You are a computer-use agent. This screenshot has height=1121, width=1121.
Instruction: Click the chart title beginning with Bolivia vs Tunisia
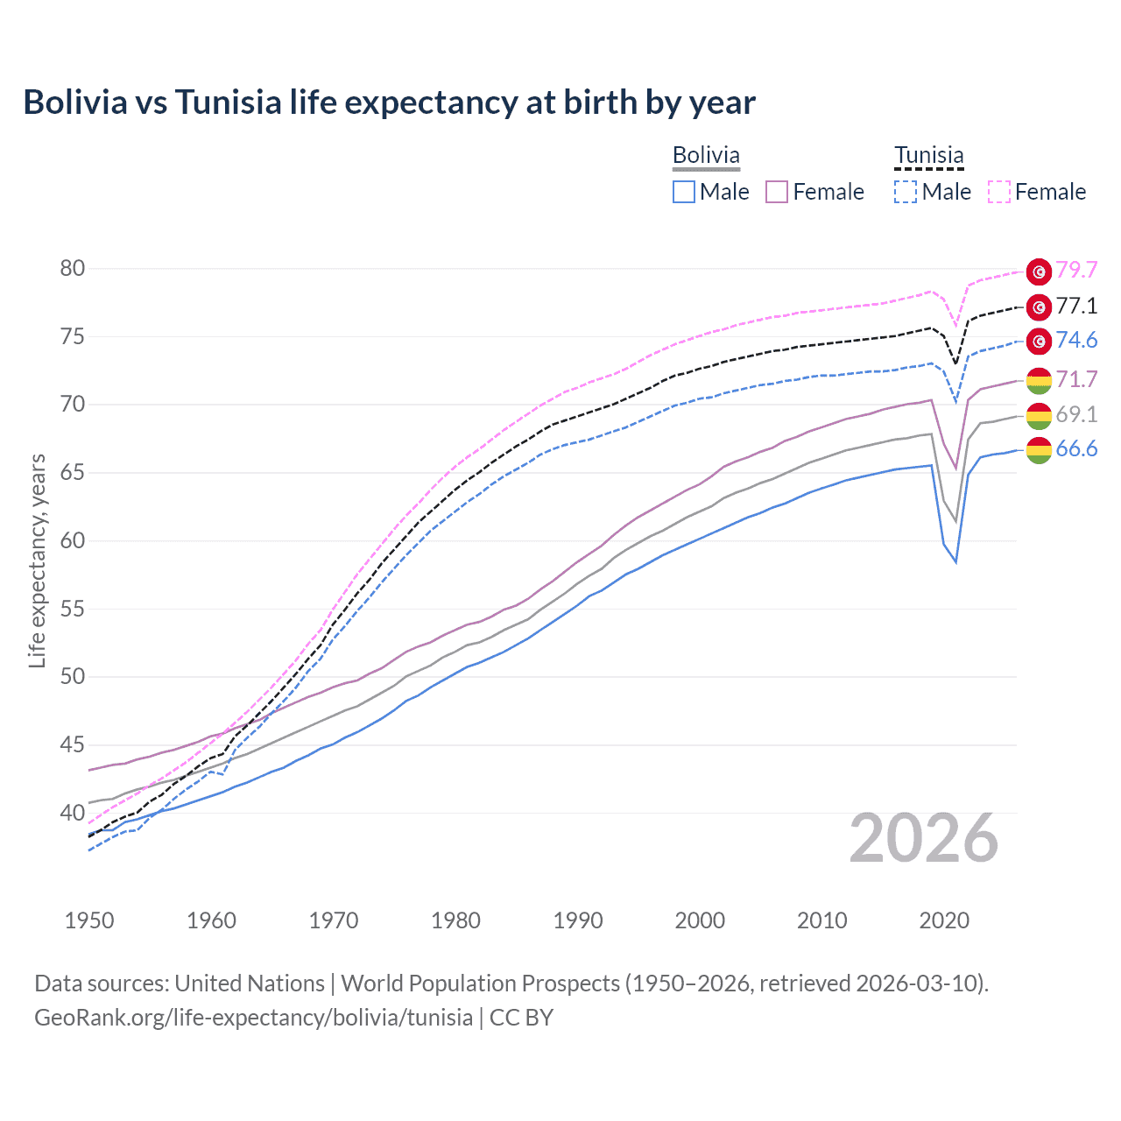pos(389,102)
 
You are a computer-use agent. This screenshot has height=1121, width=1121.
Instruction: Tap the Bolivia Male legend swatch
pos(684,192)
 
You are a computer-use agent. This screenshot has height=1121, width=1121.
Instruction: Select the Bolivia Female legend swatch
pos(777,192)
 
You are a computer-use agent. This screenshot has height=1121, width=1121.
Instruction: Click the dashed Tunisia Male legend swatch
pos(906,192)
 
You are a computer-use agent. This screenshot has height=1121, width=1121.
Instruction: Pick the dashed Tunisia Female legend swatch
pos(999,192)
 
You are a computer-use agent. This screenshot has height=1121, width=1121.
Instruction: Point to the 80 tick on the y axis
pos(73,268)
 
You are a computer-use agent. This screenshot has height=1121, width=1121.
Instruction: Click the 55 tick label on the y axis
pos(73,609)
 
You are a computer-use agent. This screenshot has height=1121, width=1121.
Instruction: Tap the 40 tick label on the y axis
pos(73,813)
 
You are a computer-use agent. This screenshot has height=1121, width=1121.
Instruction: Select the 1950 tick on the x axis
pos(89,920)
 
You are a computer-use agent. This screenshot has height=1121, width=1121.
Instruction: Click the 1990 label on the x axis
pos(578,920)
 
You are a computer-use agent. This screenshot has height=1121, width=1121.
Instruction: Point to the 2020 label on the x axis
pos(944,920)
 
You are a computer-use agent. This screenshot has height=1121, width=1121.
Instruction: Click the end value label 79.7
pos(1076,271)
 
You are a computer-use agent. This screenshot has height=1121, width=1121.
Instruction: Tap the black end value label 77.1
pos(1076,306)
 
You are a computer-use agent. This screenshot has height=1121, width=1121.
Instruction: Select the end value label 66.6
pos(1076,449)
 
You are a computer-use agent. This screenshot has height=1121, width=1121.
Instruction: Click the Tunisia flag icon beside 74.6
pos(1039,341)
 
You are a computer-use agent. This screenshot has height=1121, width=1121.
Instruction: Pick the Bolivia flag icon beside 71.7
pos(1039,380)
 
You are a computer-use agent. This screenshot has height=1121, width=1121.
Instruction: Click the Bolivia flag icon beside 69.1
pos(1039,415)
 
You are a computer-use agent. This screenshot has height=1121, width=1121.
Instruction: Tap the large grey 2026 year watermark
pos(924,839)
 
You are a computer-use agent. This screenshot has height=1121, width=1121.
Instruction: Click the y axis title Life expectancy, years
pos(38,560)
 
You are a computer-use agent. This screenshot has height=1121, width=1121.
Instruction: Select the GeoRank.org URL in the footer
pos(253,1018)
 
